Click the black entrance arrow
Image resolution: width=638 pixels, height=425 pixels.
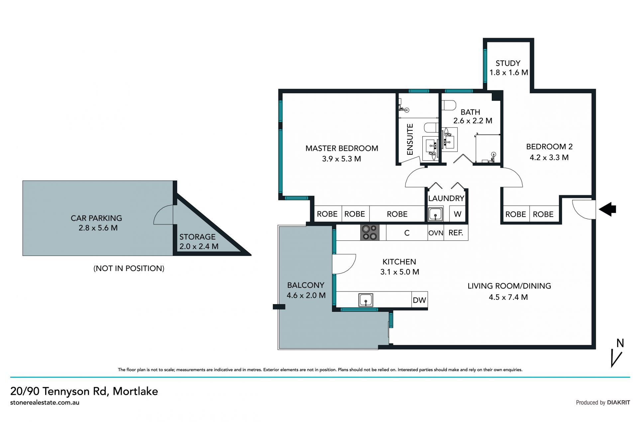click(607, 210)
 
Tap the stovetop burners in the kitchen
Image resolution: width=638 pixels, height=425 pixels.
click(370, 232)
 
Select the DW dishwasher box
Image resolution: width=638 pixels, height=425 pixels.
click(419, 300)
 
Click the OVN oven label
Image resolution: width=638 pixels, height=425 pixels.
click(436, 233)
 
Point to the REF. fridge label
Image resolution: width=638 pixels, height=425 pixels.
click(456, 233)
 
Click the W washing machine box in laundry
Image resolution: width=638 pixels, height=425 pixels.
click(458, 214)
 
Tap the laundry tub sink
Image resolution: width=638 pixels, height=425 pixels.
click(435, 214)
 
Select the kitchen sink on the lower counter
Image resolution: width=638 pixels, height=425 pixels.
click(366, 300)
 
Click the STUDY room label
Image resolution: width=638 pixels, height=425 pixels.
click(508, 63)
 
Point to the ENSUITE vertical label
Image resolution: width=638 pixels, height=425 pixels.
click(410, 139)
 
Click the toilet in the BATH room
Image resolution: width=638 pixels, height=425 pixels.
click(449, 106)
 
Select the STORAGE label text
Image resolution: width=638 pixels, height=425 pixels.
click(197, 237)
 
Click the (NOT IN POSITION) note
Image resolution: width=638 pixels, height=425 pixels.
click(129, 268)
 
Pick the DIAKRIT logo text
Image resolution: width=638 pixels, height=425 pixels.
click(618, 402)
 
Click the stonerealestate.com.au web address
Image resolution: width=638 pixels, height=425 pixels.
click(45, 402)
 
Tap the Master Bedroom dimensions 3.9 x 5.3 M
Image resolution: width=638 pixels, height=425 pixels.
click(342, 159)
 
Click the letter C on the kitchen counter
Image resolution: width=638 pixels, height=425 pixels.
click(407, 233)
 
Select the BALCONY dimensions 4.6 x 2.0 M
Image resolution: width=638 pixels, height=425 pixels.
click(306, 295)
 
